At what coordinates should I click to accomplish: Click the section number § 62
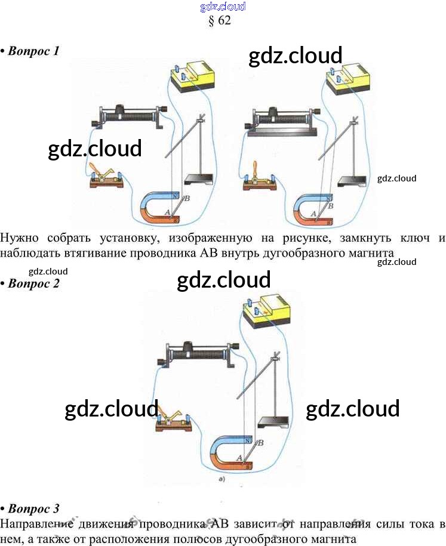[220, 20]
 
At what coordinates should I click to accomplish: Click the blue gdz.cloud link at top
[223, 7]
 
